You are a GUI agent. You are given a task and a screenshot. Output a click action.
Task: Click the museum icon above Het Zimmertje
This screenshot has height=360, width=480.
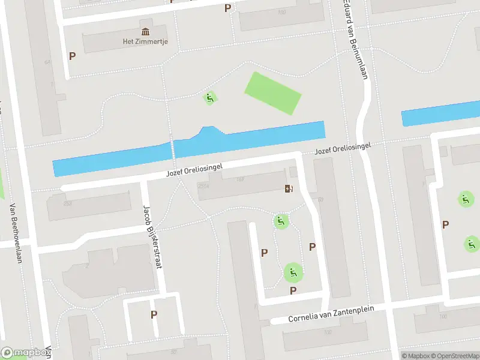coord(146,32)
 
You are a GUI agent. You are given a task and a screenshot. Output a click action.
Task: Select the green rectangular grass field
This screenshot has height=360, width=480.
coord(272,93)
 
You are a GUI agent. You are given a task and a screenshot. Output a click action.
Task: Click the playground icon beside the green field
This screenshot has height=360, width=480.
coord(209,98)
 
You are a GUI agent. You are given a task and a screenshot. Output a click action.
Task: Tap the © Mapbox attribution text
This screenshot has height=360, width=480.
coord(416,356)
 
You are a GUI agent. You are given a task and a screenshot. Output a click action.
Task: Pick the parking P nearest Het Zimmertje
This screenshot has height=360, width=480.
coord(73,56)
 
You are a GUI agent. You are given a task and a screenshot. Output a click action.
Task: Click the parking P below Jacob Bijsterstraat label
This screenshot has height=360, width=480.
coord(154,314)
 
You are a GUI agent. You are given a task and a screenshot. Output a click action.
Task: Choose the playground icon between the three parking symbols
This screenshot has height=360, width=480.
coord(293,273)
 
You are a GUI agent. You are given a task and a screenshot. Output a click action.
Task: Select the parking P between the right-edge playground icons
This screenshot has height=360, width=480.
coord(445,224)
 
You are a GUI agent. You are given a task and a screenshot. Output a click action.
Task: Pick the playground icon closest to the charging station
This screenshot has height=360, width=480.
coord(280,221)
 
